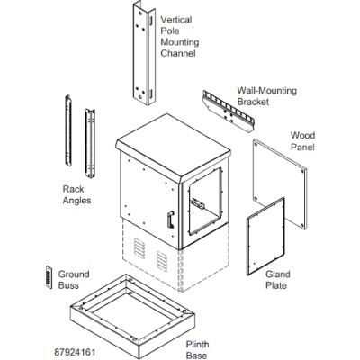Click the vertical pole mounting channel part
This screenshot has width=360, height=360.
click(144, 54)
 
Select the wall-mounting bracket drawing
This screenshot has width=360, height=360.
click(229, 111)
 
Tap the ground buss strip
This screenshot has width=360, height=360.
click(49, 277)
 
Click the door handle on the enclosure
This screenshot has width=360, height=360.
click(170, 220)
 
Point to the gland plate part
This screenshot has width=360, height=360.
click(265, 237)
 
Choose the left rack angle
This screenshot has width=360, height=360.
click(68, 130)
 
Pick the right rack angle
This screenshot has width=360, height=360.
click(90, 143)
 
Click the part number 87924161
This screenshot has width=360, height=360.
click(75, 352)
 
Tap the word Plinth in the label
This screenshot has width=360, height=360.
click(197, 345)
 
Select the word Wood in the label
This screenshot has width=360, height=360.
click(302, 136)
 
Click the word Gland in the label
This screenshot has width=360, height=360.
click(278, 274)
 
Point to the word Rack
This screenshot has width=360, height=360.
click(73, 189)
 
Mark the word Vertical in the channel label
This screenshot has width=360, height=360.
click(176, 20)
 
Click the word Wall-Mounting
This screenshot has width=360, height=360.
click(267, 91)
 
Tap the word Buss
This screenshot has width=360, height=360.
click(68, 285)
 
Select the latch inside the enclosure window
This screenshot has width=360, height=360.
click(197, 203)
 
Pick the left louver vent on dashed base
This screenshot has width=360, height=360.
click(139, 248)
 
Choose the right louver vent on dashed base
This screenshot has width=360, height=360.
click(162, 261)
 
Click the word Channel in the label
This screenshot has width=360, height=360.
click(178, 53)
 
